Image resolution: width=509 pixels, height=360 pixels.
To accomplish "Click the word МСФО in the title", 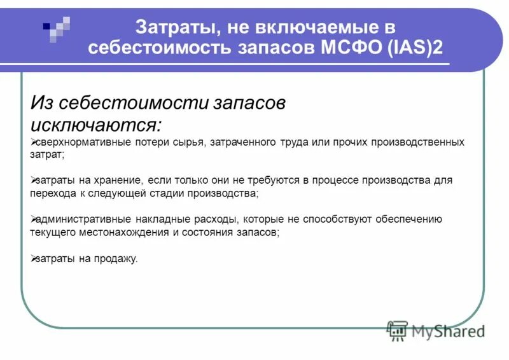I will (347, 48).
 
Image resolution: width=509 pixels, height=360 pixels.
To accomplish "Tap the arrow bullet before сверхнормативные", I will (34, 141).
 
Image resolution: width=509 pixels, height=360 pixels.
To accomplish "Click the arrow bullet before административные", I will (34, 219).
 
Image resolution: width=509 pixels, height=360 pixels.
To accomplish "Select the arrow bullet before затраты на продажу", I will (34, 258).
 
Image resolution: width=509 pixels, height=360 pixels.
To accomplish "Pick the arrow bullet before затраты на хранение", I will (34, 180).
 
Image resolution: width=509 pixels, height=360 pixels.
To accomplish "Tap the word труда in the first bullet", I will (293, 142).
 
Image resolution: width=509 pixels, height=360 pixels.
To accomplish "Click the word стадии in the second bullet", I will (169, 193).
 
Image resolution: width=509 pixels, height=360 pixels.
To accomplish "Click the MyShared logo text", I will (446, 331).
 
